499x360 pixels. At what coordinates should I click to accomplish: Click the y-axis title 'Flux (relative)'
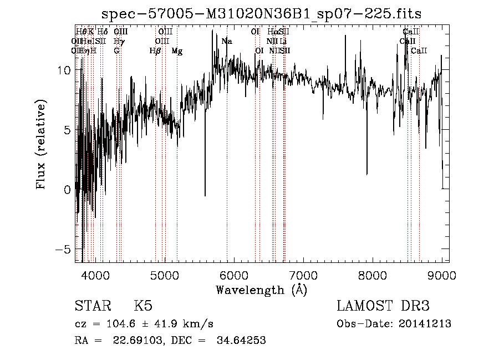pos(42,144)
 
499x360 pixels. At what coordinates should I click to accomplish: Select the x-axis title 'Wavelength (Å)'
pos(262,290)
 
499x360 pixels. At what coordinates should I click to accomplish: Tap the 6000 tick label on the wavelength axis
pos(234,275)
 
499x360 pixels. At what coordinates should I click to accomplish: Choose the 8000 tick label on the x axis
pos(373,275)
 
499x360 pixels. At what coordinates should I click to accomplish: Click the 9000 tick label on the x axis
pos(442,275)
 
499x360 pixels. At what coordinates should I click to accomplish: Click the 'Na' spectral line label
pos(227,41)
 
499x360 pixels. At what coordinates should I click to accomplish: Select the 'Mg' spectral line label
pos(177,51)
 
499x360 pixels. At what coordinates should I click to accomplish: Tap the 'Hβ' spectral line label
pos(155,51)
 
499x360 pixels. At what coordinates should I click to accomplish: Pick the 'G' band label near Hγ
pos(117,51)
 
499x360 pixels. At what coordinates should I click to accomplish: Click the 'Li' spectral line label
pos(283,41)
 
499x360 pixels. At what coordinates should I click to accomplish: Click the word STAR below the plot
pos(91,306)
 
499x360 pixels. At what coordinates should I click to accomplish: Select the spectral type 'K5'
pos(143,306)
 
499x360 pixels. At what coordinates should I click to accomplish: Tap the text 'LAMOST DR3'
pos(383,306)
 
